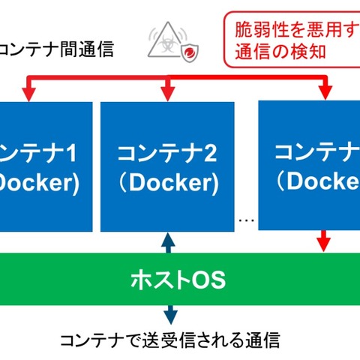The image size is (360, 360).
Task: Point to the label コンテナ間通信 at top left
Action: coord(57,50)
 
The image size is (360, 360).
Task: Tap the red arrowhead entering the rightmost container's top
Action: coord(324,91)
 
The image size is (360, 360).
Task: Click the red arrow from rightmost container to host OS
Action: coord(324,242)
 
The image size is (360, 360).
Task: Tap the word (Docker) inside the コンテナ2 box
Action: coord(165,183)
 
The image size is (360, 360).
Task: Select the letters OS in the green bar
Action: coord(208,280)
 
